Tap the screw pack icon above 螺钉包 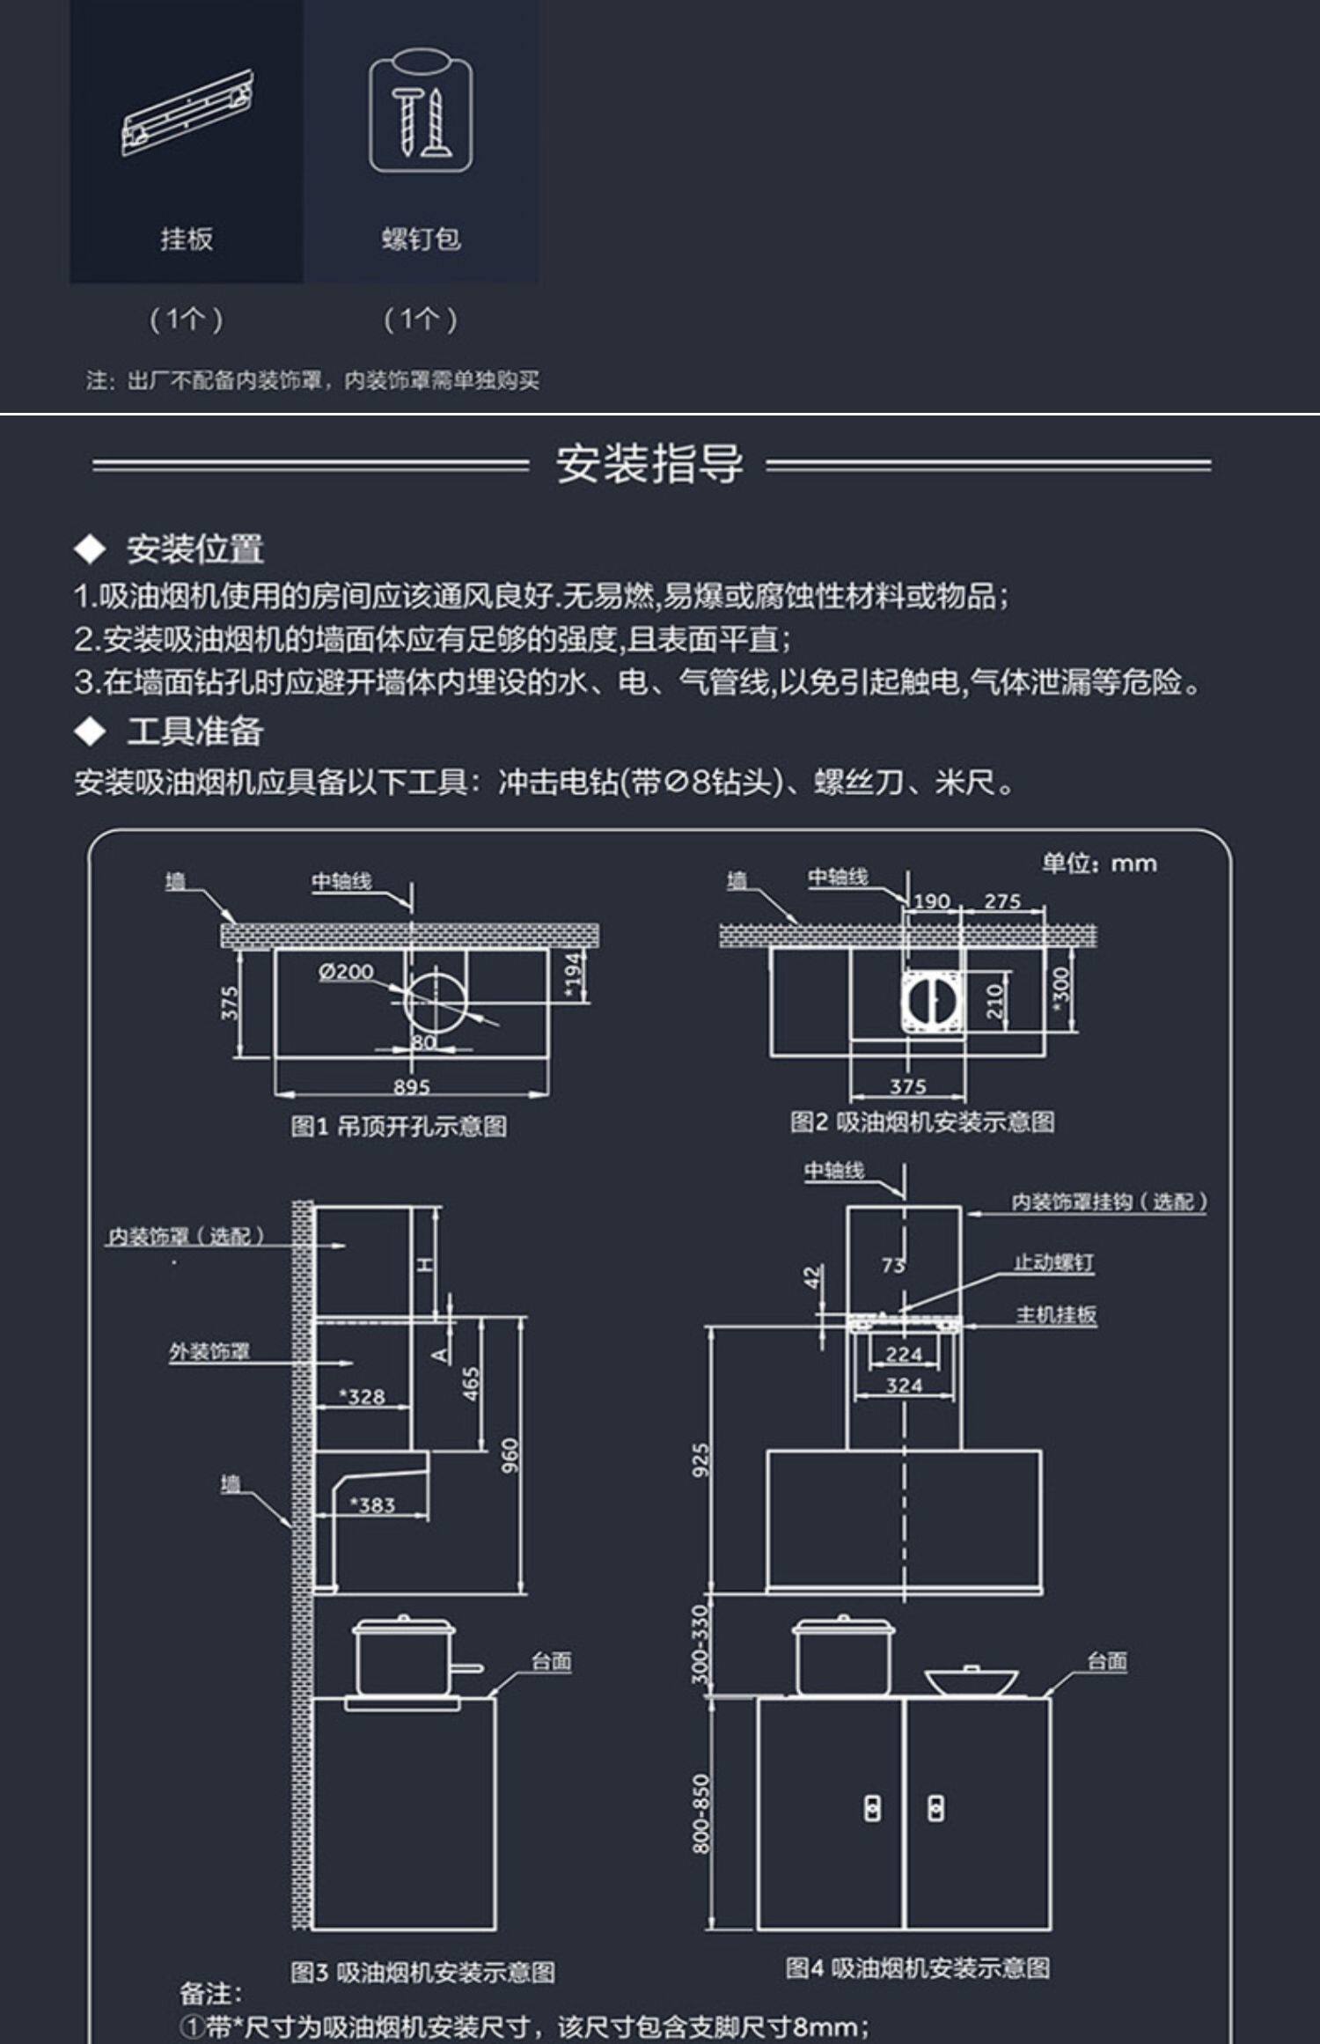pyautogui.click(x=421, y=111)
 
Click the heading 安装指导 pyautogui.click(x=649, y=464)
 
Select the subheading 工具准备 pyautogui.click(x=194, y=732)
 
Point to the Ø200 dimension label pyautogui.click(x=346, y=972)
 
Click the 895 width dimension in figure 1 pyautogui.click(x=411, y=1087)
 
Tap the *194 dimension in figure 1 pyautogui.click(x=574, y=975)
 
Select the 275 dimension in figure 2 pyautogui.click(x=1002, y=901)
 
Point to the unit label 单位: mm pyautogui.click(x=1099, y=864)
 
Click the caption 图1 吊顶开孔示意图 pyautogui.click(x=399, y=1127)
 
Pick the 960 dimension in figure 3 pyautogui.click(x=510, y=1456)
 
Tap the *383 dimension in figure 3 pyautogui.click(x=372, y=1504)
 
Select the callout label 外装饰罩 pyautogui.click(x=209, y=1351)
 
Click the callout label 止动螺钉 pyautogui.click(x=1053, y=1262)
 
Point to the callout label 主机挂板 pyautogui.click(x=1056, y=1315)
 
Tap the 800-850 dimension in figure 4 pyautogui.click(x=700, y=1813)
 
